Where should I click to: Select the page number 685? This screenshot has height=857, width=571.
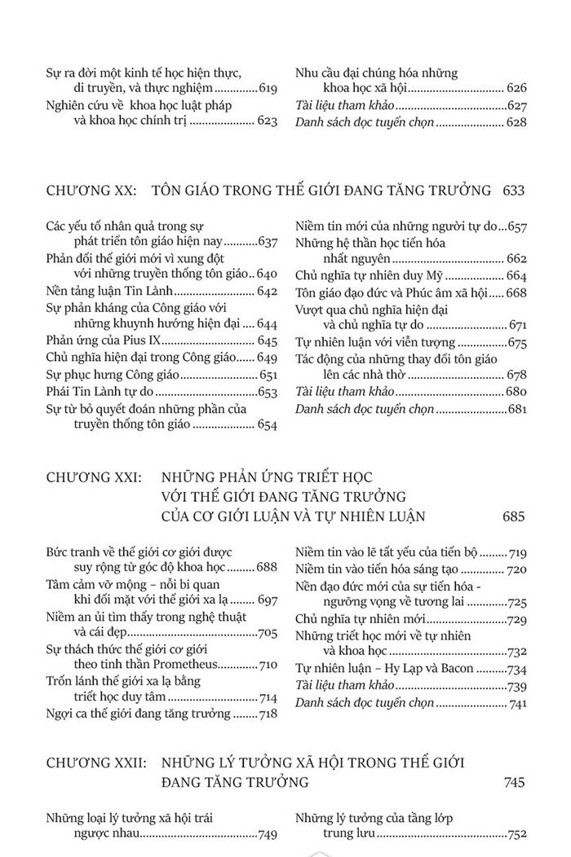(514, 516)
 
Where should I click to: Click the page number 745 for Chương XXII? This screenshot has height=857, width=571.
(514, 783)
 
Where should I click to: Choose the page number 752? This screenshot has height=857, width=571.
(518, 833)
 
